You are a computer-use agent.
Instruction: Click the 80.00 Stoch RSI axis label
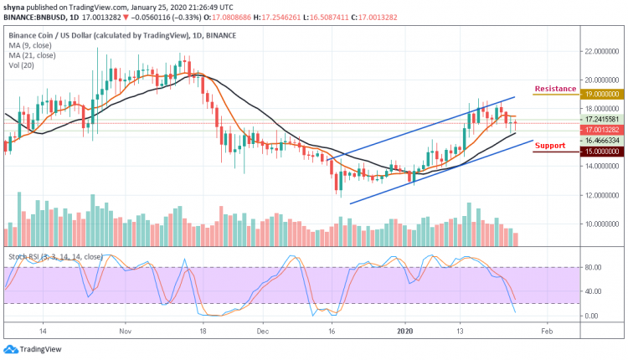click(x=595, y=268)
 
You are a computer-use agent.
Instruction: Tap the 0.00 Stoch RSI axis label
click(x=593, y=316)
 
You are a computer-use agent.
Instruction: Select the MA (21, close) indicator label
click(x=33, y=57)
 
